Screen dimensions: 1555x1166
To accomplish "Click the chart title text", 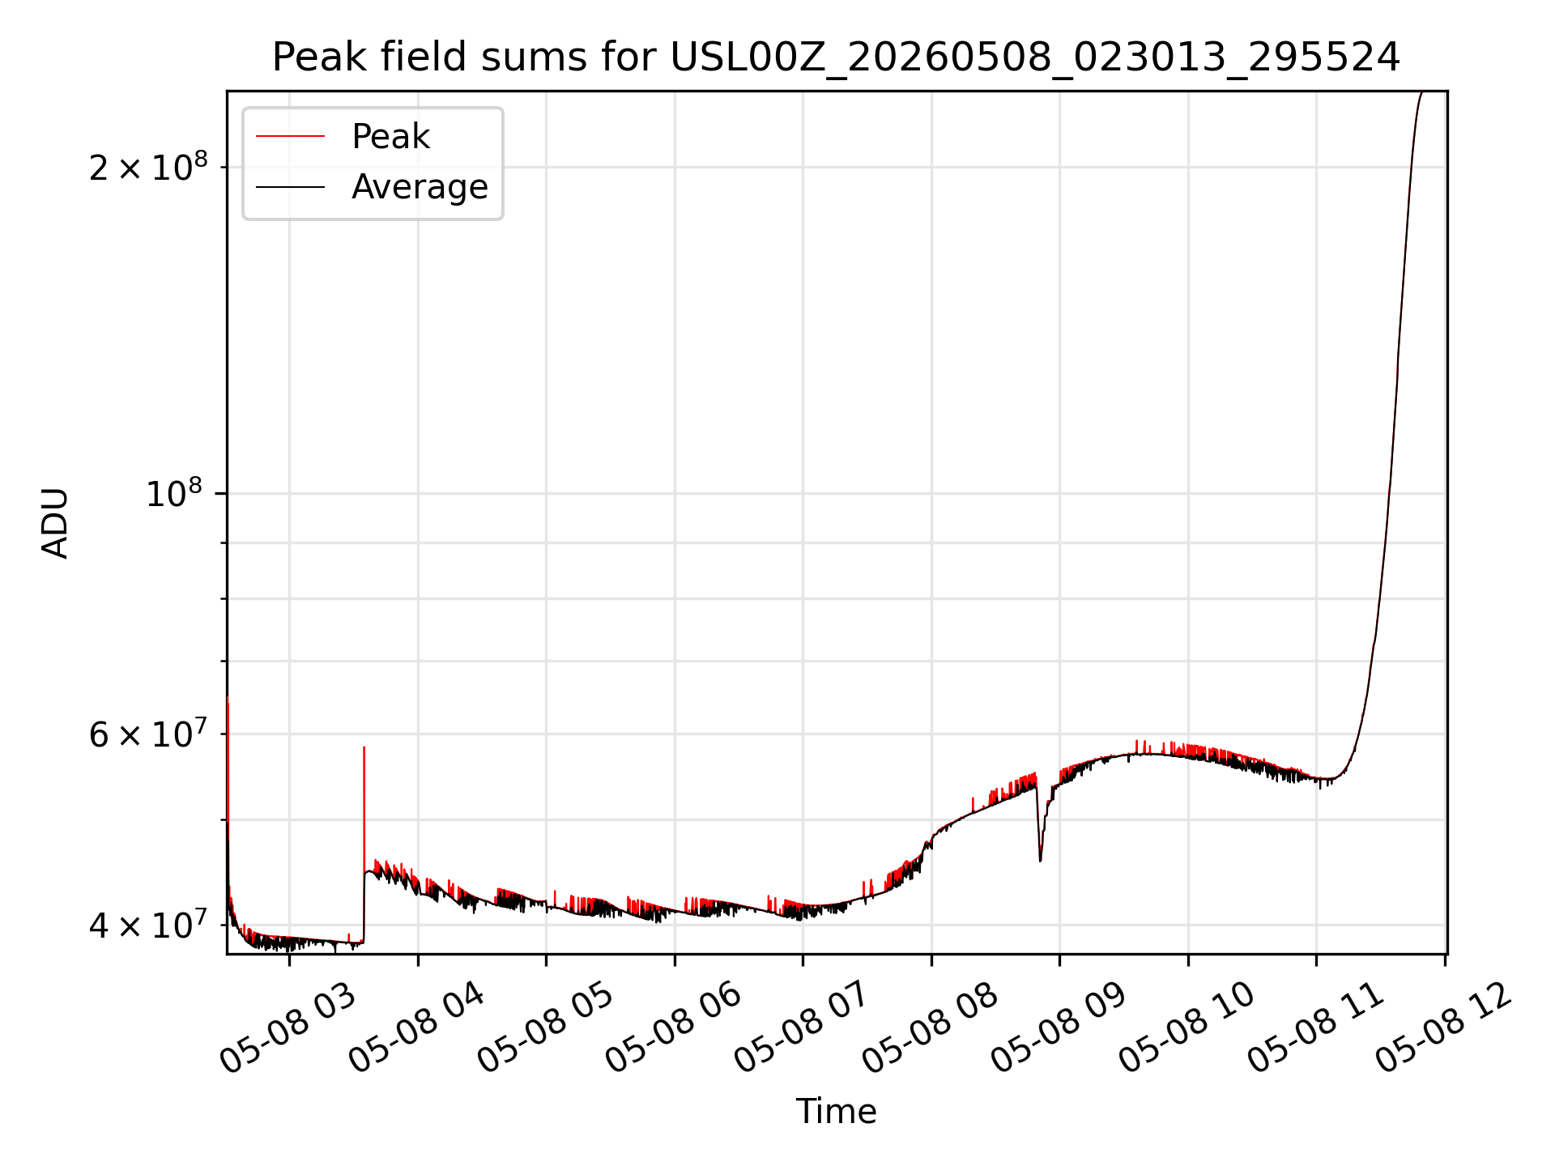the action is tap(836, 57).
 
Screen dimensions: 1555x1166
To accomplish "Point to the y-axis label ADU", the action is tap(55, 523).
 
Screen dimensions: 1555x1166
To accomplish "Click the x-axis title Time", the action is tap(836, 1112).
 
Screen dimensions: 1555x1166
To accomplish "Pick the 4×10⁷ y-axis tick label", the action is tap(148, 924).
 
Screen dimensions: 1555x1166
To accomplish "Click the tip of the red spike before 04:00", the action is tap(364, 747).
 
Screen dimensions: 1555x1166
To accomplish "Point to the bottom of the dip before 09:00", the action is tap(1041, 860).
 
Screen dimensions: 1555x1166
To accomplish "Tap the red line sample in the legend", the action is tap(290, 137).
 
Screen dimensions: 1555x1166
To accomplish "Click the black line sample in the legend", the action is tap(290, 187).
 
